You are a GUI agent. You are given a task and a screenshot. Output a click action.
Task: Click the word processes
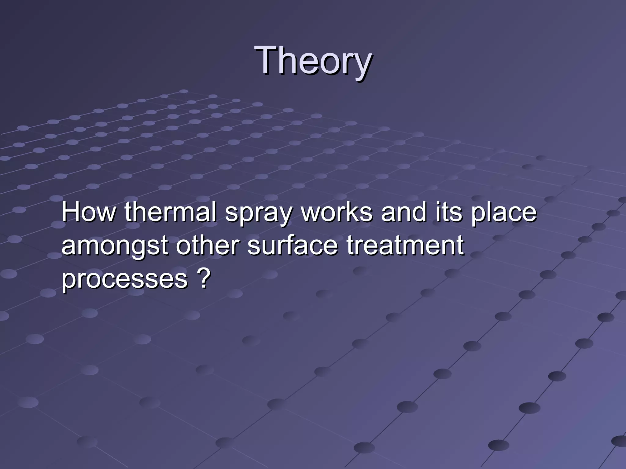(x=125, y=279)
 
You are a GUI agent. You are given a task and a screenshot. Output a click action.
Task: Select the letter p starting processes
(x=69, y=281)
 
